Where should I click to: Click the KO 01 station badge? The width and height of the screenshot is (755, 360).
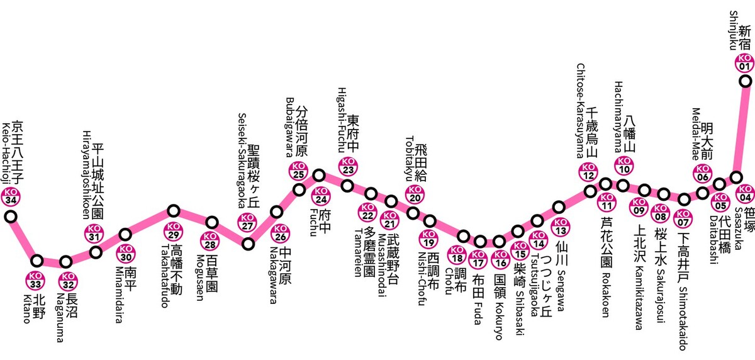point(744,62)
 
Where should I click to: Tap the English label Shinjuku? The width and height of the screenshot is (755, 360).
point(734,30)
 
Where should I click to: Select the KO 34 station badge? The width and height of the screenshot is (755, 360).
point(11,196)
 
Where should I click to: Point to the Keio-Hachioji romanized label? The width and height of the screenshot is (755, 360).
point(7,154)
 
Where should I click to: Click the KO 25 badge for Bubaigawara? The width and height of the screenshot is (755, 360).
point(299,171)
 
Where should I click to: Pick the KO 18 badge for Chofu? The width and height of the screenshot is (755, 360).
point(457,254)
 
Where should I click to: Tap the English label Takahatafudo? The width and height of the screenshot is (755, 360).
point(165,276)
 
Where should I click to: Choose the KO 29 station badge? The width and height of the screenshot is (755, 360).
point(173,231)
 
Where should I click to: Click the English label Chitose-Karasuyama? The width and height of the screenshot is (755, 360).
point(580,111)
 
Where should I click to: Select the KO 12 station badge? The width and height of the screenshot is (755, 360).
point(588,172)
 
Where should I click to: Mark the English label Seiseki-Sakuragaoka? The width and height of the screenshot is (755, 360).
point(242,160)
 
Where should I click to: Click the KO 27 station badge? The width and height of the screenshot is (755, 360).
point(248,222)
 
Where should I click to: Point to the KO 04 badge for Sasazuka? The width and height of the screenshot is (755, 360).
point(745,193)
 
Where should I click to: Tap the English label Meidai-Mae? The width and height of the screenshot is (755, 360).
point(696,133)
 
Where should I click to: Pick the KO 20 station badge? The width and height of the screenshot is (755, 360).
point(415,194)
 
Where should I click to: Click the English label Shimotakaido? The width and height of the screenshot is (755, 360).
point(683,318)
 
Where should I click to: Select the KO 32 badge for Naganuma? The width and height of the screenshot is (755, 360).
point(68,281)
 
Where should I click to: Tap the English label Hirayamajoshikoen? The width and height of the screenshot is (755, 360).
point(87,175)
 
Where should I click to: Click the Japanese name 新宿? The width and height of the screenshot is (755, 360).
point(744,38)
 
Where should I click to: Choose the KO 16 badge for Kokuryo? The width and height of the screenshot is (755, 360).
point(501,259)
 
